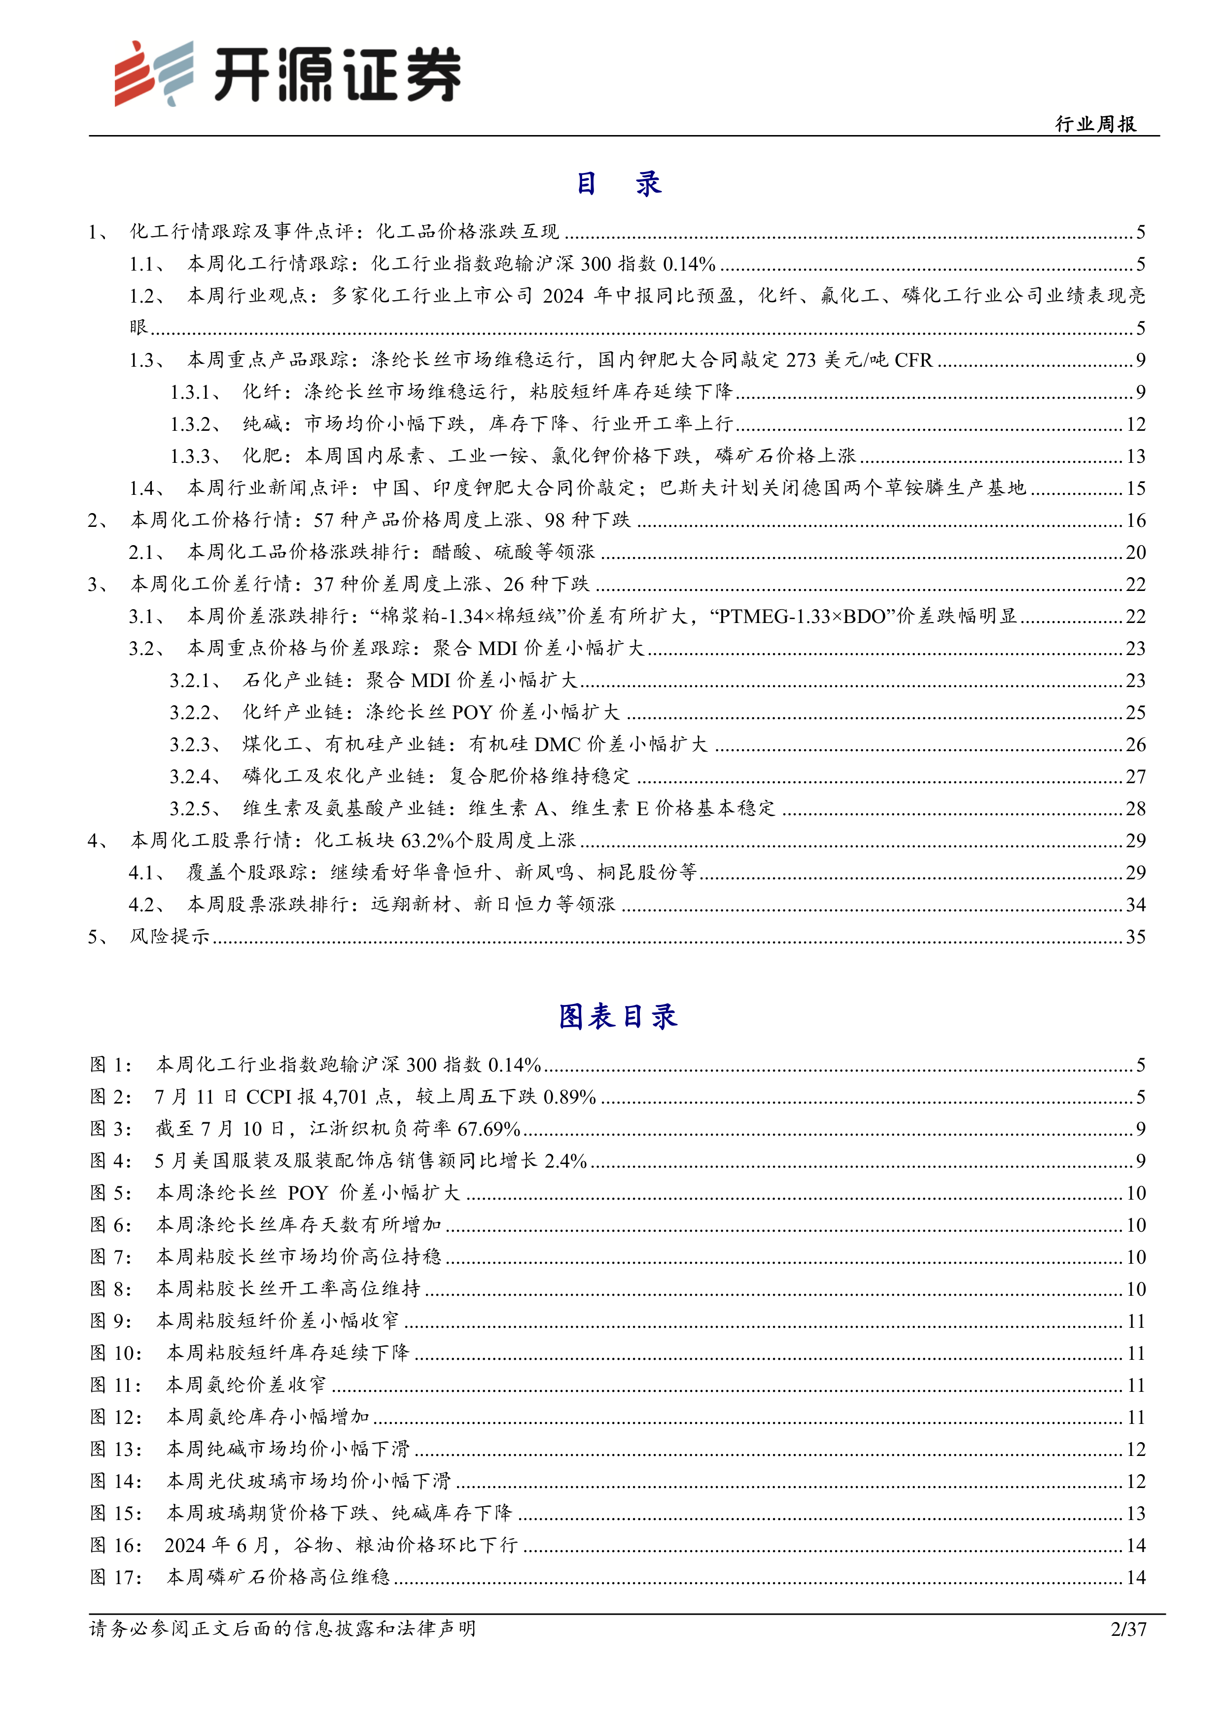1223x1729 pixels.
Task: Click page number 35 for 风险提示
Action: (1135, 937)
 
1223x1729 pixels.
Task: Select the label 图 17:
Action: (116, 1577)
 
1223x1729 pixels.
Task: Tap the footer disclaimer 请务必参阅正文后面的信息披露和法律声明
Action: (282, 1629)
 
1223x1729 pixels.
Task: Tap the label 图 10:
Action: (116, 1353)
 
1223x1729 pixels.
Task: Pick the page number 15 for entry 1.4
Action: (1135, 489)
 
